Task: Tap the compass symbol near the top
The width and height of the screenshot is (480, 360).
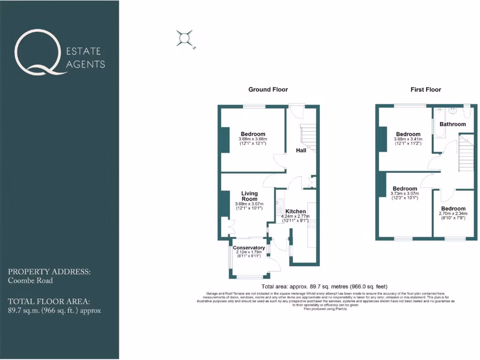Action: coord(184,38)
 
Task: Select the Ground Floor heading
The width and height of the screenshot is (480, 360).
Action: coord(268,90)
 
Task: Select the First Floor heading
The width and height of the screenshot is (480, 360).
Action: coord(426,90)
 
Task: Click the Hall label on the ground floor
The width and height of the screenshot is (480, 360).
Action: coord(301,150)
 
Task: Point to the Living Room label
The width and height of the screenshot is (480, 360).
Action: coord(249,196)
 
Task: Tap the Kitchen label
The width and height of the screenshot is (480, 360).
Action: coord(296,211)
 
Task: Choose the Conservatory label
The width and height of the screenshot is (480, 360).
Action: coord(249,248)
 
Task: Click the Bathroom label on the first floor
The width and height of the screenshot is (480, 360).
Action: coord(452,124)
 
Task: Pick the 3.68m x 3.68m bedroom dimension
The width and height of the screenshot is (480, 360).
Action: coord(253,139)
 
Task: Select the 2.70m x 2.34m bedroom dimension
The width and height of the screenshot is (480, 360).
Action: coord(453,213)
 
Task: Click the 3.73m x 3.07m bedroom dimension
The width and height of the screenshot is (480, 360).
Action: coord(405,194)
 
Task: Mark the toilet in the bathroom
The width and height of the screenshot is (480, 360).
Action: coord(467,113)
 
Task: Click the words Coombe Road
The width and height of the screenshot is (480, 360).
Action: coord(30,281)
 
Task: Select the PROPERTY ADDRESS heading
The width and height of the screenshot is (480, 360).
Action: coord(49,272)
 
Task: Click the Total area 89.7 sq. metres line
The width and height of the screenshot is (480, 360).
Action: coord(324,286)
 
